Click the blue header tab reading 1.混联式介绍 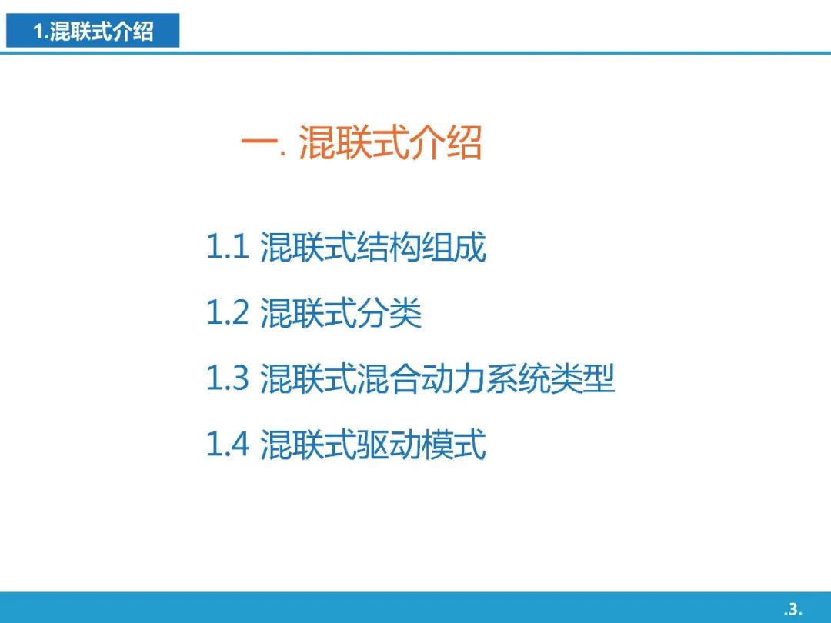click(93, 31)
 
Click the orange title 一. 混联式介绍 click(362, 142)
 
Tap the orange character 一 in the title click(260, 142)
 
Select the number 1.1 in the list click(227, 246)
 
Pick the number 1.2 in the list click(227, 312)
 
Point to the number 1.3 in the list click(227, 378)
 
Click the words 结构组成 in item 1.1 click(422, 247)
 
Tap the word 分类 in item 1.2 click(389, 312)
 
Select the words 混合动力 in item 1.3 click(422, 378)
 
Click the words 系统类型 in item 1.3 click(550, 378)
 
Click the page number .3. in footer click(793, 608)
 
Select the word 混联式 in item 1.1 click(309, 247)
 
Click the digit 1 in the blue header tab click(38, 32)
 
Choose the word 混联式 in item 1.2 click(309, 312)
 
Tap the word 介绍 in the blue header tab click(133, 32)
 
